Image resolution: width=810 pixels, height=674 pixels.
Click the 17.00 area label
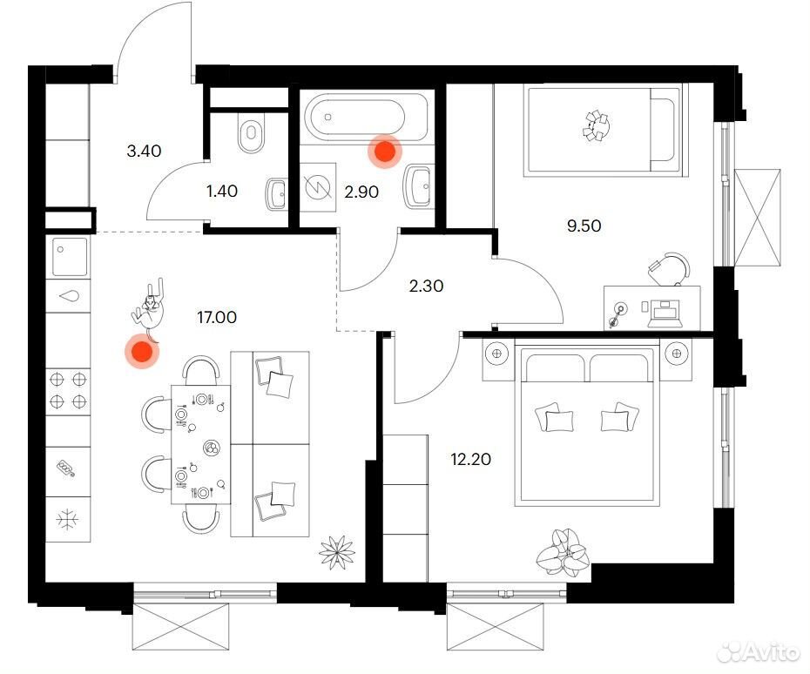[x=217, y=317]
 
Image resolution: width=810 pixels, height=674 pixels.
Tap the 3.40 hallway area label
[x=144, y=151]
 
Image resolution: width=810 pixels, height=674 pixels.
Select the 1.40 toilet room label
[x=221, y=191]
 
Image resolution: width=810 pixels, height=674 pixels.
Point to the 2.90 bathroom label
[x=361, y=192]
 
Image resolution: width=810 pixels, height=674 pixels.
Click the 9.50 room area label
[x=584, y=226]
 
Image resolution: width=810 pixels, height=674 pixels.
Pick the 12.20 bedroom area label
[x=470, y=459]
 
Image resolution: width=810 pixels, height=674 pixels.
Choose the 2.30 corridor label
[x=426, y=286]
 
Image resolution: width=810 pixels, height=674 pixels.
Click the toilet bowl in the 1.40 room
[x=251, y=132]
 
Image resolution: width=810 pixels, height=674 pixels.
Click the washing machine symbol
[x=317, y=188]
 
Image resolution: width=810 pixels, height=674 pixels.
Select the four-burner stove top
[x=68, y=391]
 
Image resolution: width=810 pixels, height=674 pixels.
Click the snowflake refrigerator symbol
[x=68, y=519]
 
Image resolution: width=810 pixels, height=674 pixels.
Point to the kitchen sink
[x=69, y=256]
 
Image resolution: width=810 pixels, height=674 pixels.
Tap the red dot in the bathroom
[x=385, y=152]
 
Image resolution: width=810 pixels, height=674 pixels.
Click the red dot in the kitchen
[x=142, y=352]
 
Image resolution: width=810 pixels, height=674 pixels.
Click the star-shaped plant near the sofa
[x=337, y=553]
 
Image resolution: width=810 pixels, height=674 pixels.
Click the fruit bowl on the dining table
[x=212, y=448]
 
